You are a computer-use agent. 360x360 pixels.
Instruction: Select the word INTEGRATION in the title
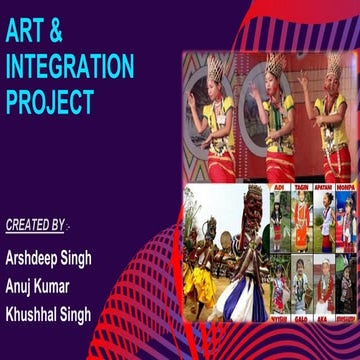[x=69, y=67]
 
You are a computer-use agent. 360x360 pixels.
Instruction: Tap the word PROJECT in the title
[x=50, y=102]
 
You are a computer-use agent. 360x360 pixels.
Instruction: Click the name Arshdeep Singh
[x=48, y=258]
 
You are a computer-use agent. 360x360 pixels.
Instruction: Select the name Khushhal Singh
[x=48, y=314]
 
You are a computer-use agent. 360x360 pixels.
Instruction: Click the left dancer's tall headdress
[x=213, y=69]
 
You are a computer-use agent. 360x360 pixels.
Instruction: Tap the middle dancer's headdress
[x=276, y=63]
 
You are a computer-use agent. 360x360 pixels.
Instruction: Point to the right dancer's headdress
[x=334, y=64]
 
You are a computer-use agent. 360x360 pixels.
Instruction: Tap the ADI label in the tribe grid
[x=278, y=187]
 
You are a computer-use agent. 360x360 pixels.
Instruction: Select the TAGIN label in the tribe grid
[x=301, y=187]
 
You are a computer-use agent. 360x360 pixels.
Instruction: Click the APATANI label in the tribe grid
[x=325, y=187]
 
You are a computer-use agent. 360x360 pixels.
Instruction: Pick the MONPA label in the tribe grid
[x=346, y=187]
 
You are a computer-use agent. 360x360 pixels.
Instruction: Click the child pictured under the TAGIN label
[x=301, y=220]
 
